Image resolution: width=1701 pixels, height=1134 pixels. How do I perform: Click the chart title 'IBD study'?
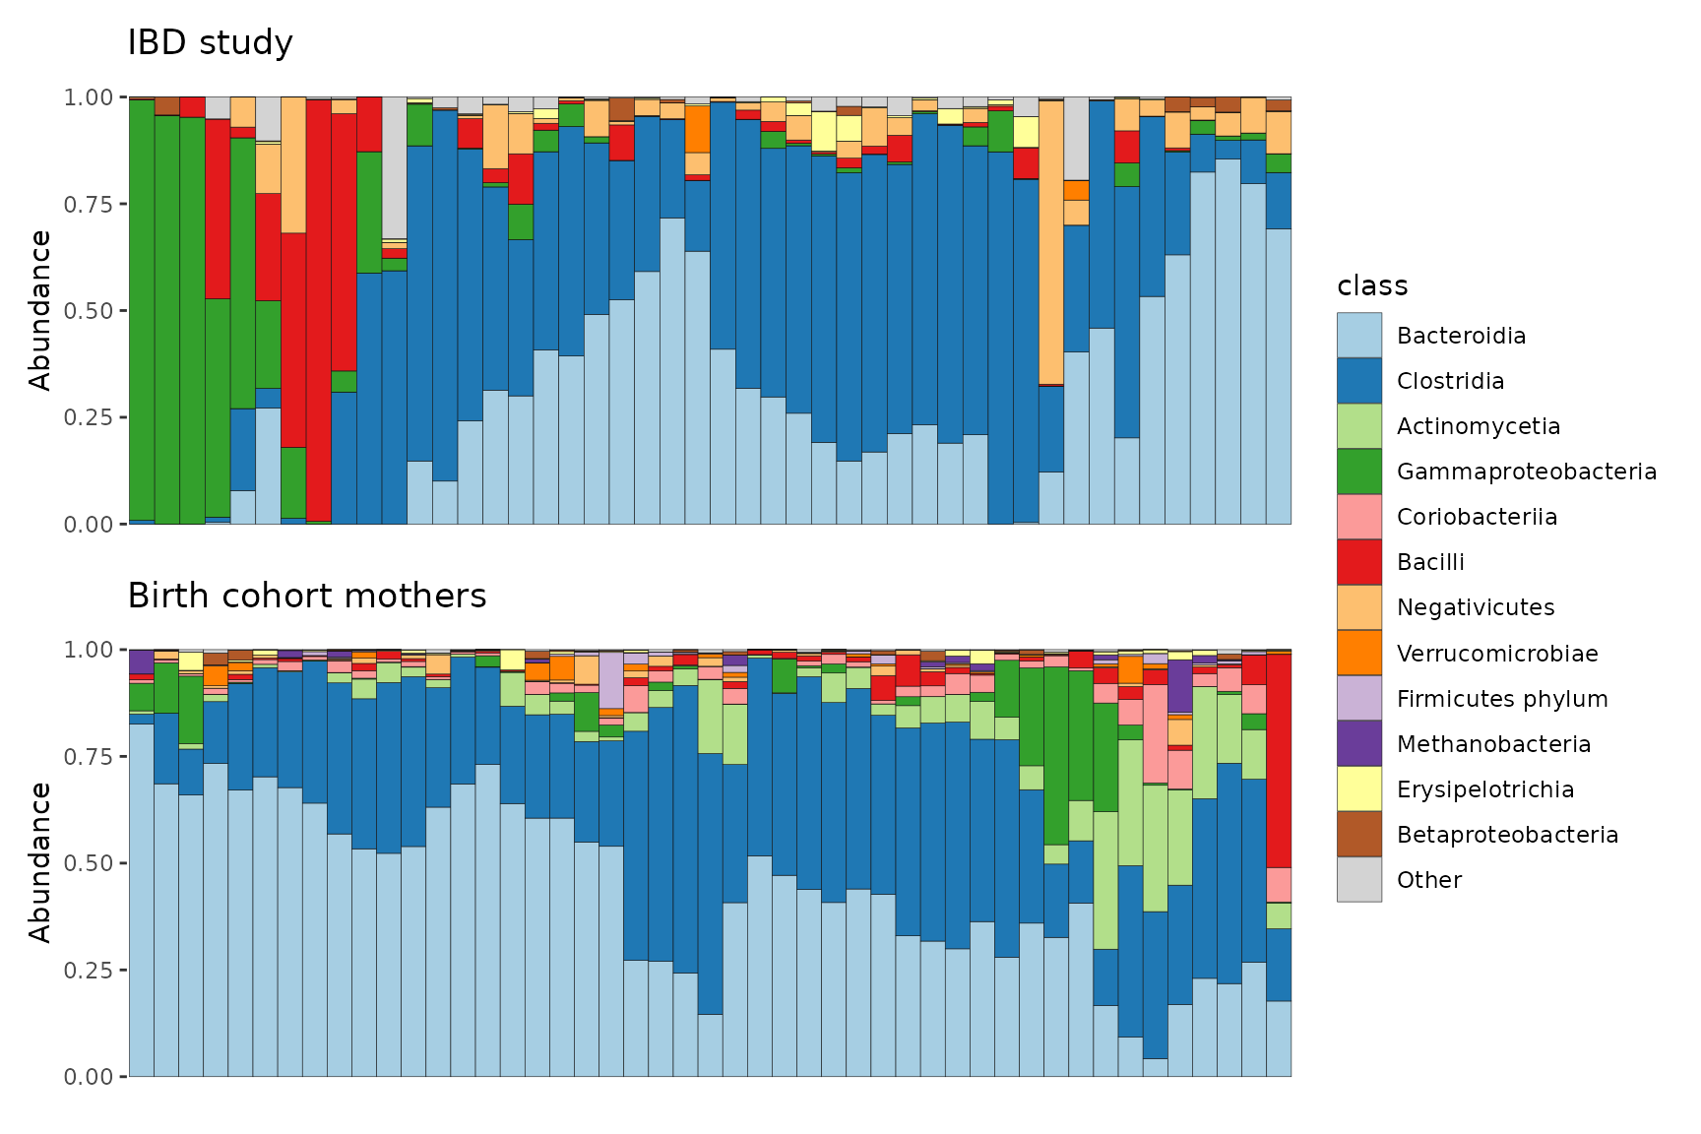pyautogui.click(x=210, y=43)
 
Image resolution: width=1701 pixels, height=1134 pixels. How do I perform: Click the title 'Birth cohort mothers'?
pyautogui.click(x=307, y=596)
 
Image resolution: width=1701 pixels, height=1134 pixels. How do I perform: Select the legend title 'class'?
pyautogui.click(x=1372, y=285)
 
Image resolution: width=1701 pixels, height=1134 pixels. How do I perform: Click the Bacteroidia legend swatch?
pyautogui.click(x=1359, y=336)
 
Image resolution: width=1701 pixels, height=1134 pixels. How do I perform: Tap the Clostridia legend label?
pyautogui.click(x=1450, y=381)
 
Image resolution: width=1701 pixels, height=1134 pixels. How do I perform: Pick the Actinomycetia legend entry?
pyautogui.click(x=1479, y=426)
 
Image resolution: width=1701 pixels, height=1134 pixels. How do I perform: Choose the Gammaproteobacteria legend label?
pyautogui.click(x=1527, y=472)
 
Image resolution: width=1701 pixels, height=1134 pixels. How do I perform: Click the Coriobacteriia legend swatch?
pyautogui.click(x=1359, y=517)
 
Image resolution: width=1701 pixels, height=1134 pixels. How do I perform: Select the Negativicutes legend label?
pyautogui.click(x=1476, y=607)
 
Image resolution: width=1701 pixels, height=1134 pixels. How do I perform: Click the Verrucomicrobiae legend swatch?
pyautogui.click(x=1359, y=653)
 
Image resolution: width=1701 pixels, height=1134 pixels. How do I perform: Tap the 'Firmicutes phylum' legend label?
pyautogui.click(x=1502, y=699)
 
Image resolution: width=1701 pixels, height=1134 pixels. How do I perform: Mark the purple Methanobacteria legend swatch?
pyautogui.click(x=1359, y=743)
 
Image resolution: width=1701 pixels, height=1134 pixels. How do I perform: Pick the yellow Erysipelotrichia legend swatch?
pyautogui.click(x=1359, y=788)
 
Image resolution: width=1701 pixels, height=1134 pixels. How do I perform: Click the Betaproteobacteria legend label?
pyautogui.click(x=1507, y=835)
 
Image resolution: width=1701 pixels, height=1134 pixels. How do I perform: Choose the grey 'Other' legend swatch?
pyautogui.click(x=1359, y=879)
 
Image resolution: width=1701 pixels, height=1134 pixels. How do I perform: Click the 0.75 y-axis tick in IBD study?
pyautogui.click(x=89, y=204)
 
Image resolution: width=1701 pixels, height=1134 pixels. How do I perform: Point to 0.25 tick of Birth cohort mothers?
pyautogui.click(x=89, y=970)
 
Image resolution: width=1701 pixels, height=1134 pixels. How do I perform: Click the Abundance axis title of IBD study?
pyautogui.click(x=40, y=310)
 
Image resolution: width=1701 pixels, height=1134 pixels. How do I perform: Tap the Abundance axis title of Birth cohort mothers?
pyautogui.click(x=40, y=862)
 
